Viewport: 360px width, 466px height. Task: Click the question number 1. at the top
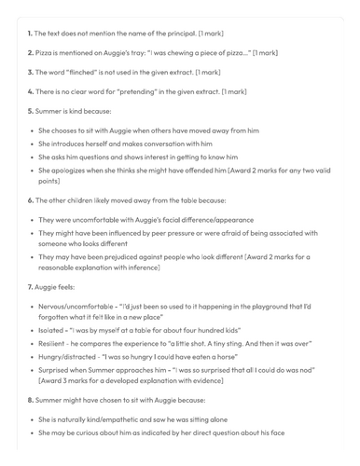click(30, 34)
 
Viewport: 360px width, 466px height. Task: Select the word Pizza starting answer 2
click(48, 52)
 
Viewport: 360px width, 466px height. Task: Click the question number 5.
click(30, 111)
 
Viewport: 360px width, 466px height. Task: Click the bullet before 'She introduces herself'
click(33, 144)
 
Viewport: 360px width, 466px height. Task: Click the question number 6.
click(30, 200)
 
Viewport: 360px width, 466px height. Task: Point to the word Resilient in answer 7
click(56, 347)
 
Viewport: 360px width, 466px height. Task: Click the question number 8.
click(30, 414)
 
